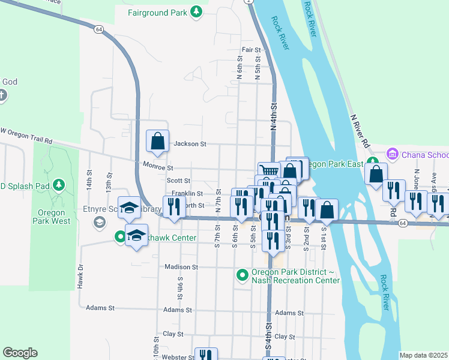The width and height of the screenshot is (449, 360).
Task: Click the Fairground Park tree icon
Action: click(x=196, y=12)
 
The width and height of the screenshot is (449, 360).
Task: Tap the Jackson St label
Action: click(x=190, y=144)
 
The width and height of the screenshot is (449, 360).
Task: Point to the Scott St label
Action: click(x=179, y=181)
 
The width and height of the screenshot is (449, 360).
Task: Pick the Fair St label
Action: click(x=252, y=50)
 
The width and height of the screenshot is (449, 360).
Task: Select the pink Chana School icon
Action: click(x=393, y=155)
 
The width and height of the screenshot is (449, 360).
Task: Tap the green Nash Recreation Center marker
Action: click(x=243, y=275)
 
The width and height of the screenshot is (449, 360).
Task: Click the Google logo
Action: click(x=20, y=353)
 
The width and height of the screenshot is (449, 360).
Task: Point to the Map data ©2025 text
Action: click(x=423, y=355)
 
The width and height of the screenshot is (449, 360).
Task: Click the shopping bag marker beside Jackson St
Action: click(x=157, y=142)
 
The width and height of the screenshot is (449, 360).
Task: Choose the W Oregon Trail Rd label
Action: click(x=27, y=136)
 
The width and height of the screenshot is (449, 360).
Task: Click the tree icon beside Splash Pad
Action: click(x=58, y=184)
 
